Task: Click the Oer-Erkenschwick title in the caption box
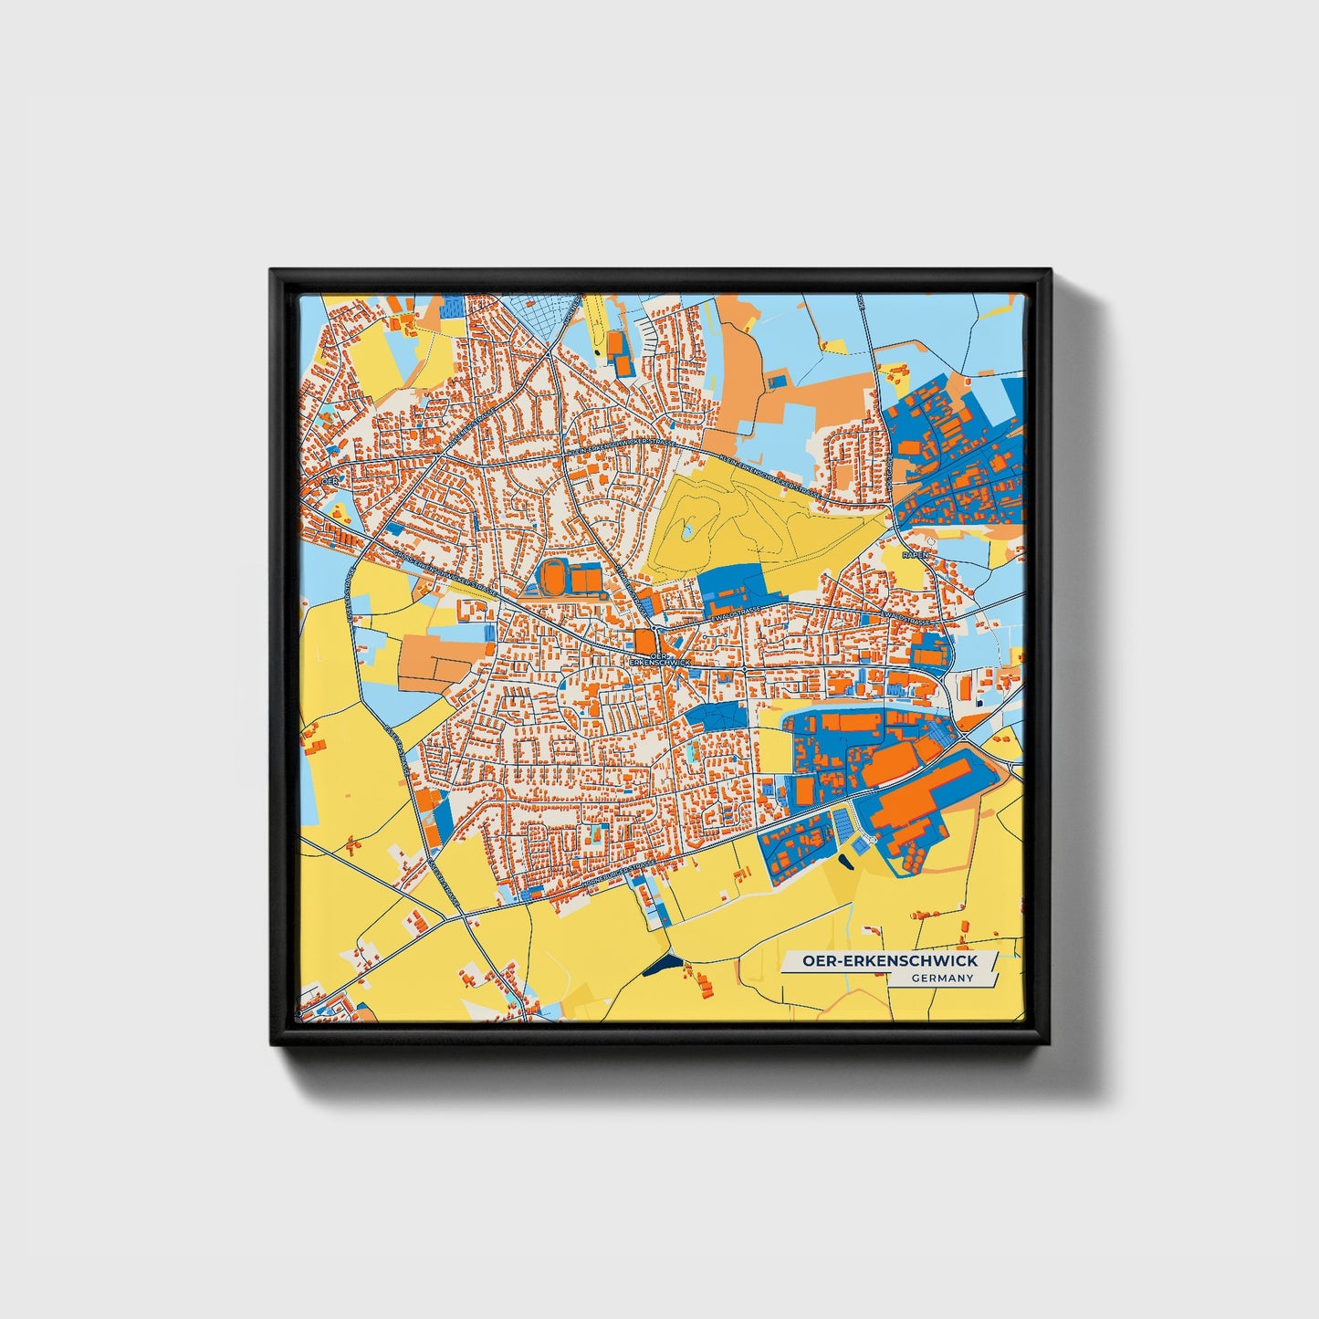click(x=889, y=960)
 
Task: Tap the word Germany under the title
click(x=942, y=979)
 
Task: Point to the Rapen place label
click(x=914, y=555)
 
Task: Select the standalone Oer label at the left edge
click(x=329, y=480)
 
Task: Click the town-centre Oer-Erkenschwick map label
click(x=659, y=658)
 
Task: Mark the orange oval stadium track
click(x=552, y=578)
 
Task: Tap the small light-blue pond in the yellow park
click(x=687, y=529)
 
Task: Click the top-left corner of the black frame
click(x=272, y=271)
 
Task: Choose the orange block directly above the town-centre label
click(x=645, y=640)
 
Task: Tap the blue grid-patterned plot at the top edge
click(x=541, y=310)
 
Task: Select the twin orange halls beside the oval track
click(x=585, y=579)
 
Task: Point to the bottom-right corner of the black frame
click(x=1050, y=1043)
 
